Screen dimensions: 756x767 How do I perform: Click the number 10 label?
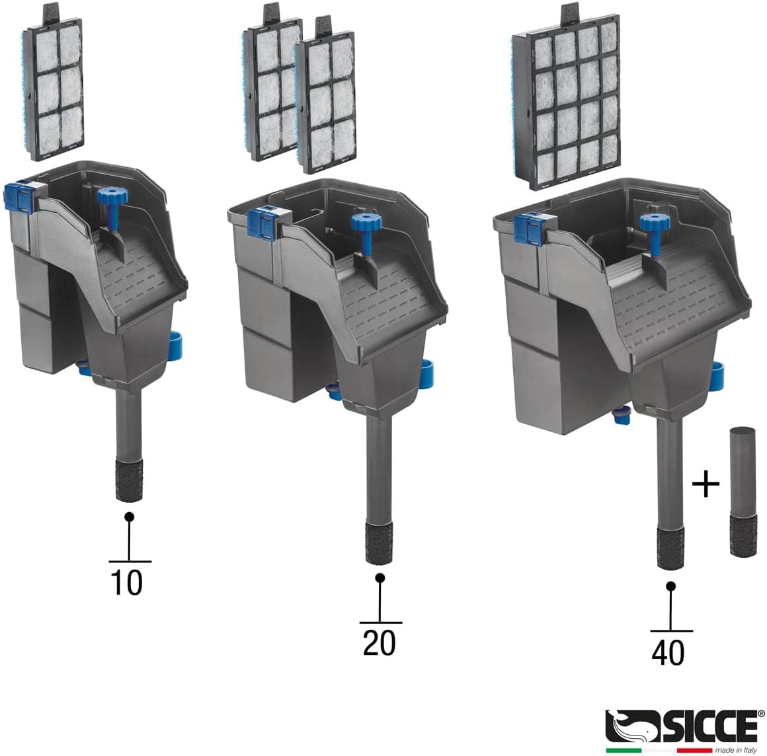click(126, 582)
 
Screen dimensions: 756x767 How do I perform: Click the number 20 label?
click(379, 643)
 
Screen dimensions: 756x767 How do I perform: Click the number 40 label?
click(668, 652)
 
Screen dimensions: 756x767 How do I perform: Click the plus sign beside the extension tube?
click(706, 486)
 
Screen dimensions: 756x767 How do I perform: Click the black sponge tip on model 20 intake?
click(380, 542)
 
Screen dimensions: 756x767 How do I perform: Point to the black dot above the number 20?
click(380, 578)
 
